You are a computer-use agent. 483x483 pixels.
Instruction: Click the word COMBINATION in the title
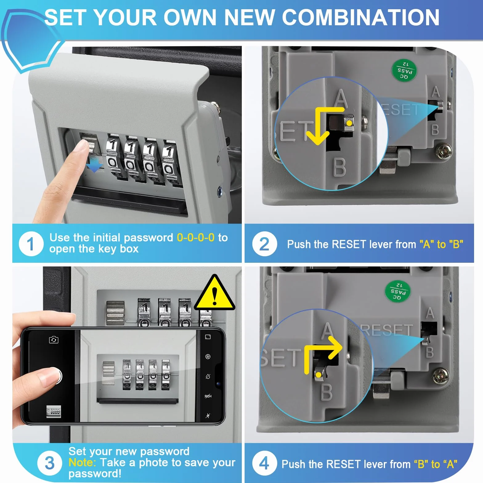click(361, 17)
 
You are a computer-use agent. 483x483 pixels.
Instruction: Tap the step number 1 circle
click(31, 244)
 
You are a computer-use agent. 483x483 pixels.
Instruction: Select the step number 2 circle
click(264, 244)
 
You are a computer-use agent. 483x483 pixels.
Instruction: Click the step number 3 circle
click(50, 463)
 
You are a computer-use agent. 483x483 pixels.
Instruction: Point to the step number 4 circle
click(264, 463)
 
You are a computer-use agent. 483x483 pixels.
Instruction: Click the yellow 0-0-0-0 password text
click(196, 237)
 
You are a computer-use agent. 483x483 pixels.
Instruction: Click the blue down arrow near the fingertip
click(94, 167)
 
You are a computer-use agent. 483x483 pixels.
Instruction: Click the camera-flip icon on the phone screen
click(54, 339)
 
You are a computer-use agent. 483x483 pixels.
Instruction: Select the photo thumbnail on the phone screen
click(54, 411)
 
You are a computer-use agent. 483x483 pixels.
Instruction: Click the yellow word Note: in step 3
click(82, 462)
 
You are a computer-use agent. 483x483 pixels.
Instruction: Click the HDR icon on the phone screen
click(208, 396)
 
